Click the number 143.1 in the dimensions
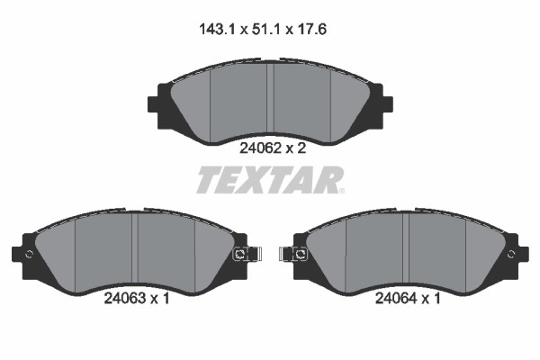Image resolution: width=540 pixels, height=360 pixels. pos(217,28)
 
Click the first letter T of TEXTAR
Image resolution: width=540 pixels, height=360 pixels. pos(209,180)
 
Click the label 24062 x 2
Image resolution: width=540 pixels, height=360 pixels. pos(272,149)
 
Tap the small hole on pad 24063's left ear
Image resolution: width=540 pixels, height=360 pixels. pos(29,255)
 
